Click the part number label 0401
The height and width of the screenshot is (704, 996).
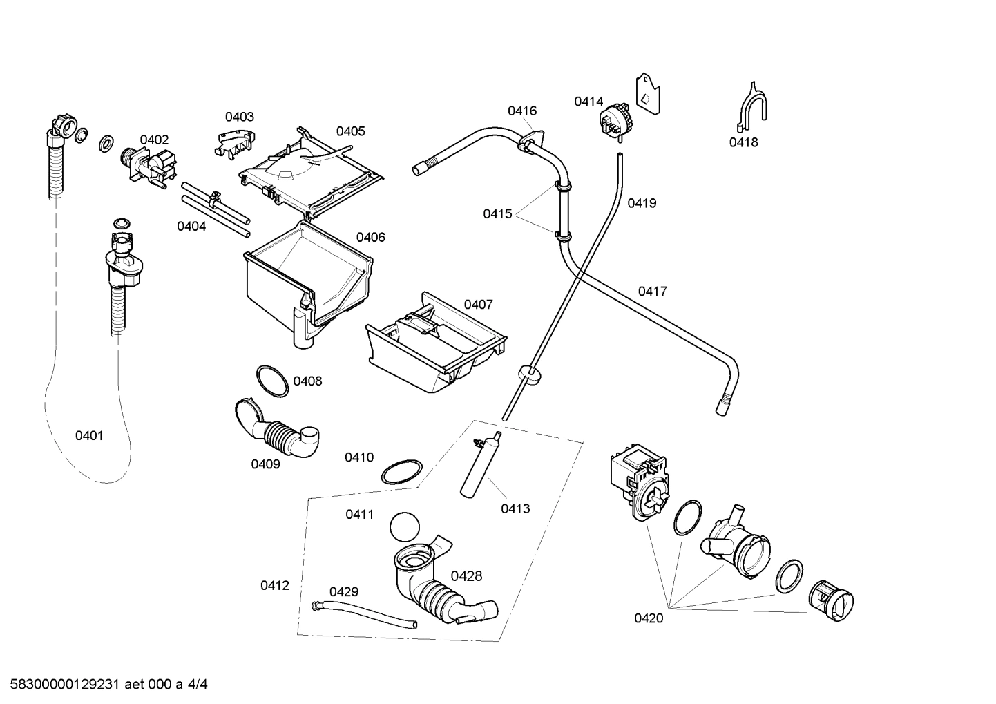(89, 435)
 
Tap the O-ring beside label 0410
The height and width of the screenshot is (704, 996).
(401, 473)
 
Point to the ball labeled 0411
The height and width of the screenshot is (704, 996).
(405, 526)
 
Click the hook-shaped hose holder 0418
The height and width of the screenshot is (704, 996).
(751, 110)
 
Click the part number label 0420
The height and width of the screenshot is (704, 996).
(649, 618)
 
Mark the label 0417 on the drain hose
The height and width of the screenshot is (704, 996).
(652, 291)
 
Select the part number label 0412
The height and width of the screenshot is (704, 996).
(274, 585)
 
